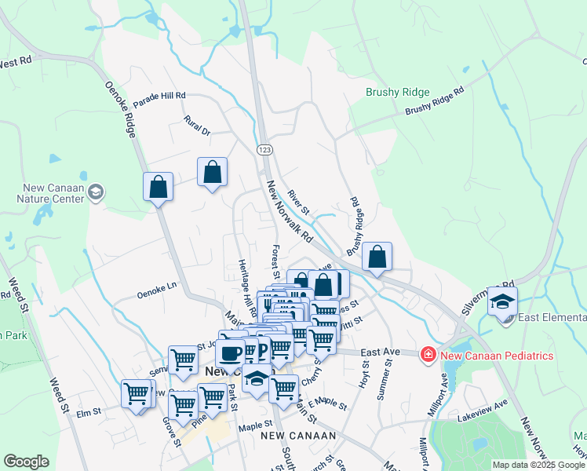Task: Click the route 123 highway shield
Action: (264, 148)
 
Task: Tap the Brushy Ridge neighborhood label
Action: (398, 92)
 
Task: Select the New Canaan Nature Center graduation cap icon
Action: (96, 192)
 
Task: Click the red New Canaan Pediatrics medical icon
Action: (428, 356)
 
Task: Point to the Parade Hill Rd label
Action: (159, 100)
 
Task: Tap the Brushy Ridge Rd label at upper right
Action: (435, 101)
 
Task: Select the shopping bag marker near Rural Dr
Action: (212, 172)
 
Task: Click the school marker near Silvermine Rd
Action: (502, 301)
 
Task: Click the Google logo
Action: (26, 462)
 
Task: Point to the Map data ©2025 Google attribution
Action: (538, 465)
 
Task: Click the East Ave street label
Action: (377, 353)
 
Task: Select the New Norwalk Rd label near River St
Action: (290, 212)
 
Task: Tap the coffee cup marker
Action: (231, 352)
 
